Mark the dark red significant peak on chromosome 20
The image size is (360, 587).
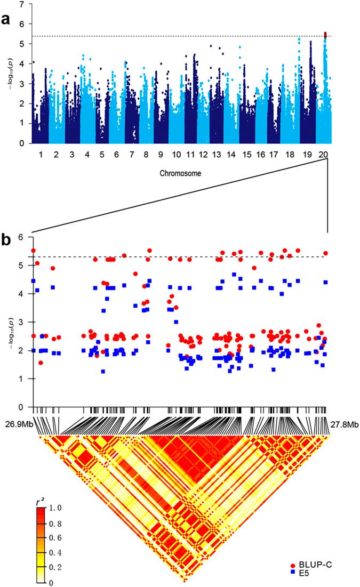[x=325, y=35]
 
